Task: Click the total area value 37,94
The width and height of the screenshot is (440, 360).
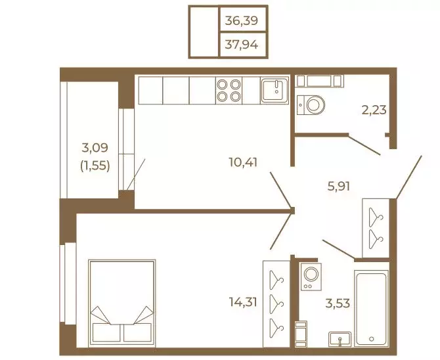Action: tap(241, 45)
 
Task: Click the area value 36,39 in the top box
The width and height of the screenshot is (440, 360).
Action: tap(241, 20)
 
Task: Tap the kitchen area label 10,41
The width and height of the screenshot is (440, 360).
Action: tap(243, 162)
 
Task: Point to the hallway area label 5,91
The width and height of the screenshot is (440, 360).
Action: tap(339, 186)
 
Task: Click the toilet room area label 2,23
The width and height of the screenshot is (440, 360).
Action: tap(374, 110)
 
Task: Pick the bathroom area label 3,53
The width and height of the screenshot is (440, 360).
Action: tap(338, 303)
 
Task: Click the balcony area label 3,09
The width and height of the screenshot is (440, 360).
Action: tap(95, 147)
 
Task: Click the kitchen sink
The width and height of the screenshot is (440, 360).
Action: tap(275, 90)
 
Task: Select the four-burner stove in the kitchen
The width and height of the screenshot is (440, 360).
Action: tap(229, 91)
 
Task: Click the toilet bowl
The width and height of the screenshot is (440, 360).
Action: tap(311, 105)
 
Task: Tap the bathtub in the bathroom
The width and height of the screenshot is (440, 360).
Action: tap(371, 308)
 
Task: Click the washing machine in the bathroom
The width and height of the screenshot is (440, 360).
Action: tap(311, 277)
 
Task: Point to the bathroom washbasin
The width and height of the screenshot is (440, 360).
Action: tap(340, 339)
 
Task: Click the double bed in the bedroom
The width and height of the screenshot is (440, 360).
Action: tap(121, 303)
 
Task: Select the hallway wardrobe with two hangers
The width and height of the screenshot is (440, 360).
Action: tap(376, 228)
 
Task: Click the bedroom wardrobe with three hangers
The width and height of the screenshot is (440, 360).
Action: tap(276, 304)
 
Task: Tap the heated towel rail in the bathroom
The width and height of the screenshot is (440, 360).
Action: tap(301, 334)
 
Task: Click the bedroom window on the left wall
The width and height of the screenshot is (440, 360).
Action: tap(68, 284)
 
